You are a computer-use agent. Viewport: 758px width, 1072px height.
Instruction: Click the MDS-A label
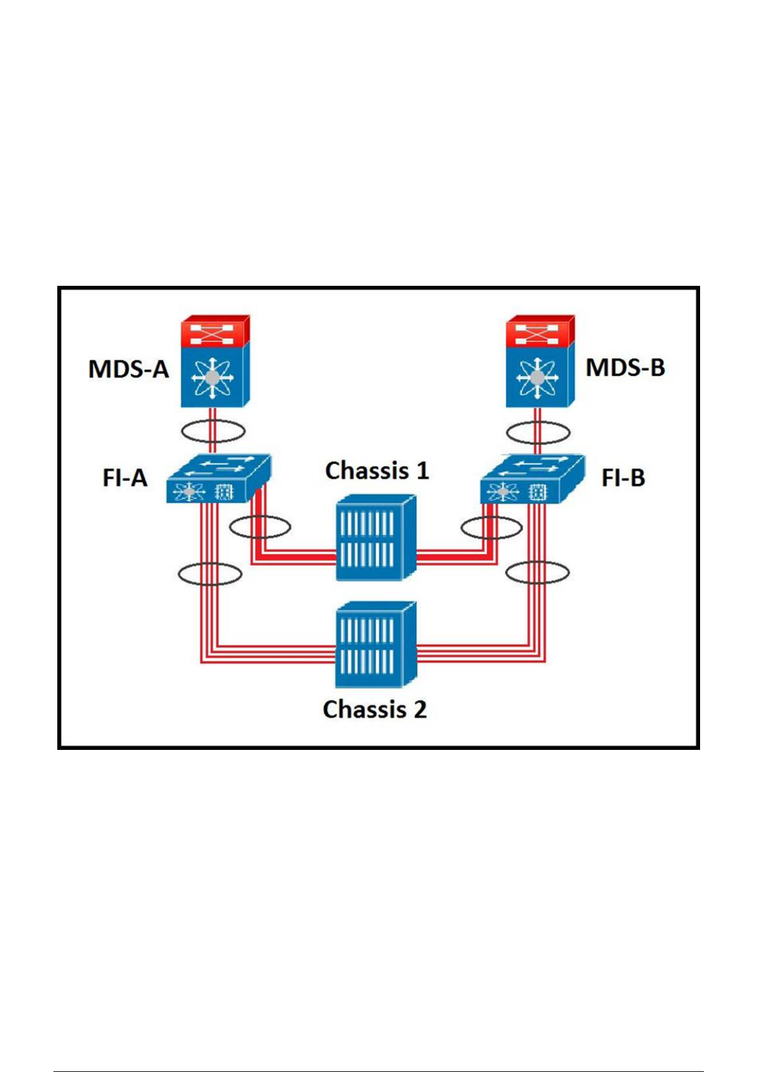(129, 369)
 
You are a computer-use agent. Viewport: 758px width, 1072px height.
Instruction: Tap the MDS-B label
(625, 367)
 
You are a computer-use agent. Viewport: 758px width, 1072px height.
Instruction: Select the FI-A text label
(125, 477)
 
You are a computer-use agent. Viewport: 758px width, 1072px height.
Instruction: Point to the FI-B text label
(623, 477)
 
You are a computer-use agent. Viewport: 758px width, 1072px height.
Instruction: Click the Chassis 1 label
(377, 471)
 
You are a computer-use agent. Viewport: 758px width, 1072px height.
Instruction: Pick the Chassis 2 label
(375, 709)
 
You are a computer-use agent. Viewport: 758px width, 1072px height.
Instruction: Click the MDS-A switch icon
(215, 376)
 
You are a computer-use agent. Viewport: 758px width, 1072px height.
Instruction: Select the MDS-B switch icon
(540, 376)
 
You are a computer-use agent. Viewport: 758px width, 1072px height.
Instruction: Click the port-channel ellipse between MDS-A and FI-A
(213, 431)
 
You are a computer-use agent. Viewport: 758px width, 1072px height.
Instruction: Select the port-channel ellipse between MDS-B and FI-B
(538, 433)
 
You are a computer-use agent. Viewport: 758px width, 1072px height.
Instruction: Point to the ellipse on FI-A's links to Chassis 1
(260, 527)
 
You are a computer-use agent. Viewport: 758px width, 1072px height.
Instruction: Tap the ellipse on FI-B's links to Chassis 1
(491, 528)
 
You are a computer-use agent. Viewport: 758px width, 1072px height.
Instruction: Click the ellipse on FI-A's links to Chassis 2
(210, 574)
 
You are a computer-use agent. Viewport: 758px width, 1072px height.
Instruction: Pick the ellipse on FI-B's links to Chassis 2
(538, 572)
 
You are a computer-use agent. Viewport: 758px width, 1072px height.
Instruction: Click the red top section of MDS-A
(215, 331)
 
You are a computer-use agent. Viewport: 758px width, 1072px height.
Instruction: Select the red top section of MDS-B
(540, 331)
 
